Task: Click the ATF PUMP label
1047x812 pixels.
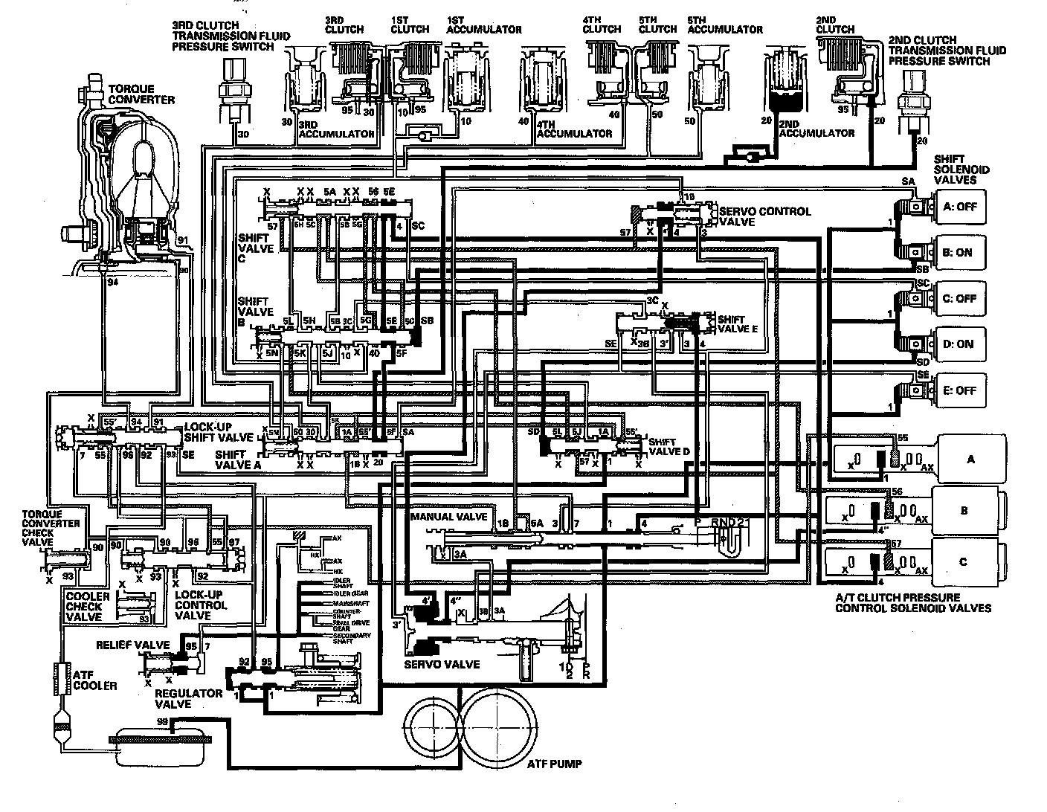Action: pos(554,764)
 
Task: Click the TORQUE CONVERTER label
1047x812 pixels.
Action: pos(141,94)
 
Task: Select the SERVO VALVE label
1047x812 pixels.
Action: pos(441,663)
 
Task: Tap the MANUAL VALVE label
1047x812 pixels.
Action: pos(448,517)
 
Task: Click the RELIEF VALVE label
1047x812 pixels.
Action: pos(133,645)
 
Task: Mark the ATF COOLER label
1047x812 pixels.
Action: pos(95,680)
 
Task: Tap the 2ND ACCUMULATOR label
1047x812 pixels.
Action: pos(816,133)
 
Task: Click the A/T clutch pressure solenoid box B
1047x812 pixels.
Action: pos(964,510)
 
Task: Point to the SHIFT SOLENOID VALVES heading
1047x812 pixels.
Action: pos(961,170)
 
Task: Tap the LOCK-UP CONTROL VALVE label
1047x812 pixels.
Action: pos(201,605)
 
